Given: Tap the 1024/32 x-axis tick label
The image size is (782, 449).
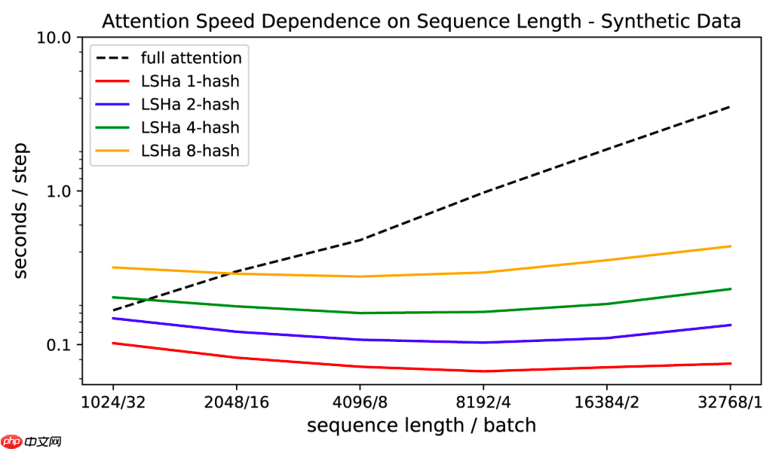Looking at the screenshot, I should click(113, 402).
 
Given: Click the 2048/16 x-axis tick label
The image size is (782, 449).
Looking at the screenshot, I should click(236, 402).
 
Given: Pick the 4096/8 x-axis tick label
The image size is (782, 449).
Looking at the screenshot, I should click(360, 402).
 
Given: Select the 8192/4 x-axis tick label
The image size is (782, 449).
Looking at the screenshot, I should click(483, 402).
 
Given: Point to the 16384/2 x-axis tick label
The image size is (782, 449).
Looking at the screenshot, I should click(606, 402).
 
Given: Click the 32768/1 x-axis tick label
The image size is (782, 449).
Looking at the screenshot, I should click(730, 402).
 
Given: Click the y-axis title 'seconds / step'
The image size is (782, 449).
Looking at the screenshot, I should click(21, 210).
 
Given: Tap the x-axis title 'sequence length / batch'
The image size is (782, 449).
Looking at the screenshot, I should click(422, 426).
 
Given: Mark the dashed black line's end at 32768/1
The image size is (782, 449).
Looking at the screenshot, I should click(730, 107).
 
